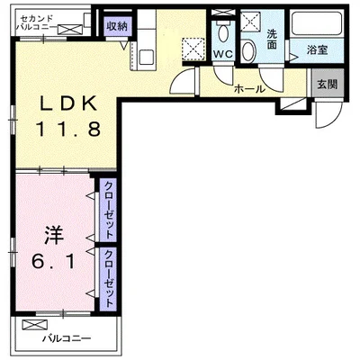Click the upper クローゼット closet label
[108, 210]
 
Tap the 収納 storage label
[117, 26]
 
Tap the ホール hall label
[248, 88]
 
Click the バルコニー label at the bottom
[68, 339]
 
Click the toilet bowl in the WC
[222, 33]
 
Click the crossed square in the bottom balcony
[35, 324]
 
